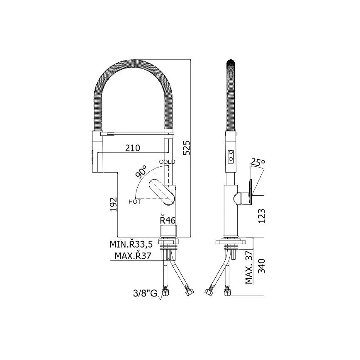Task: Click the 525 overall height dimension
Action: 187,147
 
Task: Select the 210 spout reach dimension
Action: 131,148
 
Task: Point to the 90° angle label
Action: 141,172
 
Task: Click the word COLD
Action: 167,162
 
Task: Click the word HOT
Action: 134,202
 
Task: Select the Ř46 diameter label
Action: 168,220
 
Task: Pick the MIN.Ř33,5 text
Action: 134,244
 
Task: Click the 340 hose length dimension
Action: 261,266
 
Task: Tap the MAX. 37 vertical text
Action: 249,268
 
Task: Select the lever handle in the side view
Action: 251,193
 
